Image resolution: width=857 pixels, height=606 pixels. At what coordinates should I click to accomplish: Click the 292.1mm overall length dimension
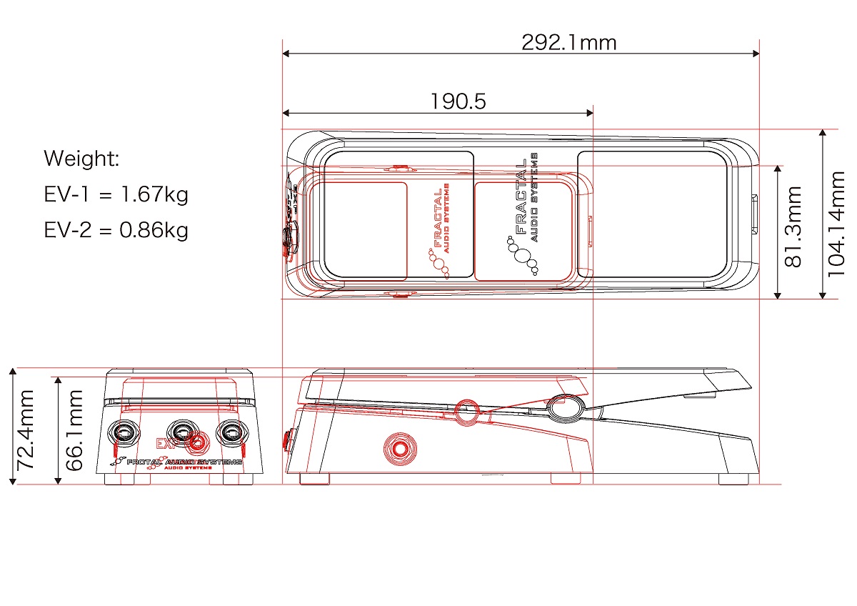click(x=568, y=43)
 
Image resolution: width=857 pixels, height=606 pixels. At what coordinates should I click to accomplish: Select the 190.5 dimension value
click(x=458, y=101)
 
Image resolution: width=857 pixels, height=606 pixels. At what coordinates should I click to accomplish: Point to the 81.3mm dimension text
click(x=793, y=227)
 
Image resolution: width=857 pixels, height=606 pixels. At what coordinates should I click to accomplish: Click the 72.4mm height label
click(x=26, y=429)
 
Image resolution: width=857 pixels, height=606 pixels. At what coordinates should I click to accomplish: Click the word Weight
click(x=81, y=159)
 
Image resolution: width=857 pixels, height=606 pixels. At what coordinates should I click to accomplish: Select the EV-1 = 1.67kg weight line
click(x=116, y=194)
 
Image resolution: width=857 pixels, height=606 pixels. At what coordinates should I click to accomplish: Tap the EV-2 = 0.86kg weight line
click(x=116, y=230)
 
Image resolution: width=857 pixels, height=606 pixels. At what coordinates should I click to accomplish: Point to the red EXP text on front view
click(x=166, y=443)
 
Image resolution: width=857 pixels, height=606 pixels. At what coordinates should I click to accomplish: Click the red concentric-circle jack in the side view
click(x=399, y=448)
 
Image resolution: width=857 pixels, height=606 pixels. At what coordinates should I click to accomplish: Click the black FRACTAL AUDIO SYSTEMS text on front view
click(x=184, y=463)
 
